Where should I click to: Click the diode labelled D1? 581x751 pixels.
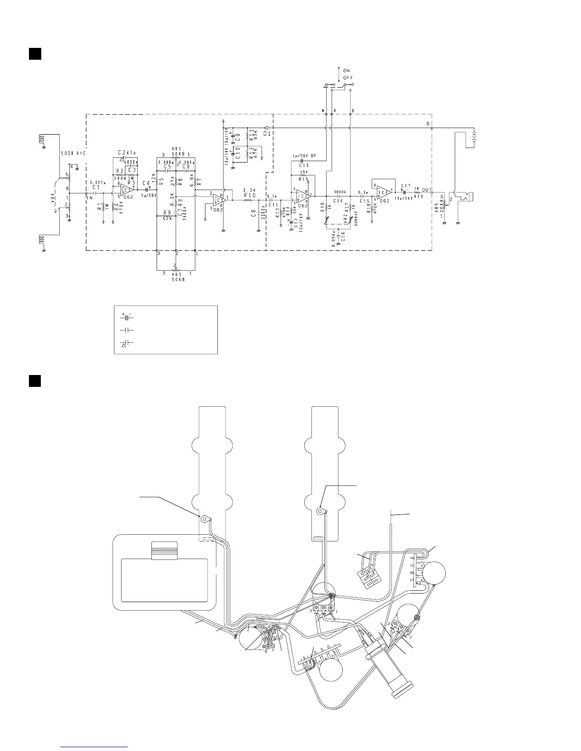pyautogui.click(x=266, y=128)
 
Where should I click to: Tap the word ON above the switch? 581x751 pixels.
pyautogui.click(x=347, y=71)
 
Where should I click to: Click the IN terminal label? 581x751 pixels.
pyautogui.click(x=90, y=198)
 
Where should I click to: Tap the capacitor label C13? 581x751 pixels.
pyautogui.click(x=304, y=165)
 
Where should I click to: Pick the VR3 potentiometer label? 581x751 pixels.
pyautogui.click(x=176, y=274)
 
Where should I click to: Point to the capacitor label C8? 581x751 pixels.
pyautogui.click(x=253, y=218)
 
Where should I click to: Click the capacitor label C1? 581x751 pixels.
pyautogui.click(x=96, y=187)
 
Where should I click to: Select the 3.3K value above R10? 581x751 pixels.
pyautogui.click(x=249, y=190)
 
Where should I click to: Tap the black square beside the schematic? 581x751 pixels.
pyautogui.click(x=34, y=54)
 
